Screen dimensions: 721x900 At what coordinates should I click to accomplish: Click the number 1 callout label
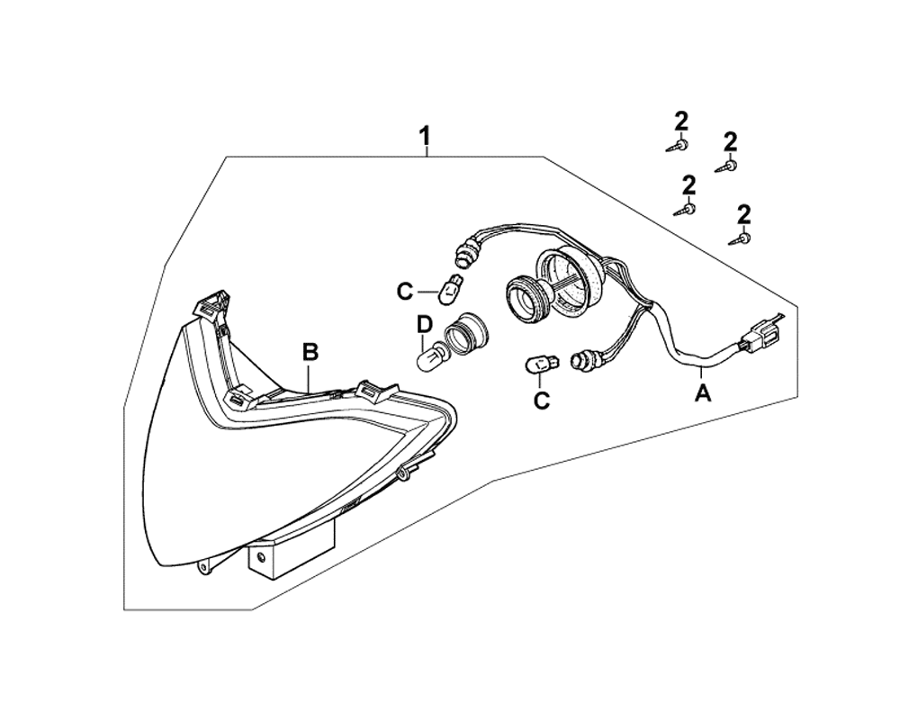(425, 138)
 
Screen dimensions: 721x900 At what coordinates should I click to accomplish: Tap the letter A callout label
(703, 392)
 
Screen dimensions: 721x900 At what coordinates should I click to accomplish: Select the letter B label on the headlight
(310, 353)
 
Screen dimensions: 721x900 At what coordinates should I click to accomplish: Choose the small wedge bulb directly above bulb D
(451, 289)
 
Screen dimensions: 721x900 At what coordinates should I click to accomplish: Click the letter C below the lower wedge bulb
(541, 401)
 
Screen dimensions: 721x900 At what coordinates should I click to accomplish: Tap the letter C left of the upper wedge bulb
(406, 291)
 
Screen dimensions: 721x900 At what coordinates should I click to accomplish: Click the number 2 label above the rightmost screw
(743, 214)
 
